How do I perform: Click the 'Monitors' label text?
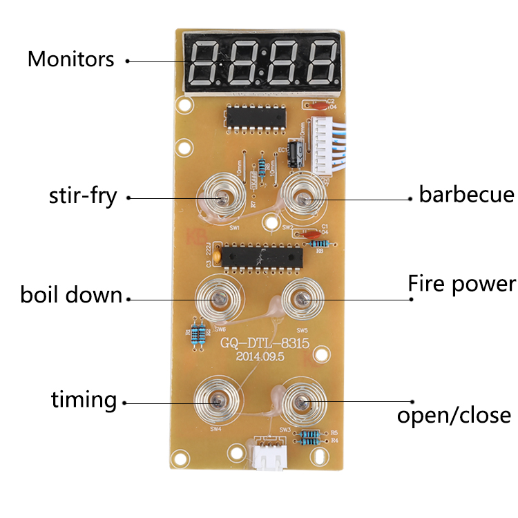coord(70,59)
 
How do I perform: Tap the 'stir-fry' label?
coord(83,196)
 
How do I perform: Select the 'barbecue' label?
coord(466,195)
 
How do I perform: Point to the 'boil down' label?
coord(71,296)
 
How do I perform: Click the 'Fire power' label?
coord(461,283)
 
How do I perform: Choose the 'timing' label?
coord(84,399)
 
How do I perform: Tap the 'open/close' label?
coord(454,415)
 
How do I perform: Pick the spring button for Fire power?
coord(301,299)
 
